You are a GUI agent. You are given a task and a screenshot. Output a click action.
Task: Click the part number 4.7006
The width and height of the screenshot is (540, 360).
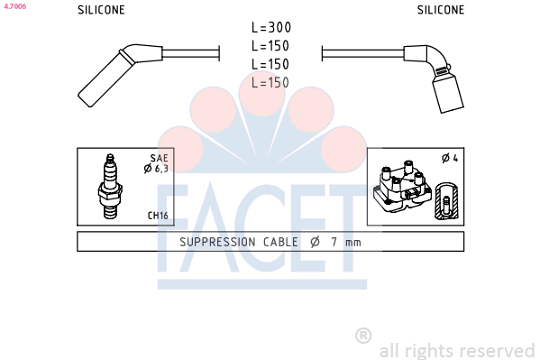pos(15,6)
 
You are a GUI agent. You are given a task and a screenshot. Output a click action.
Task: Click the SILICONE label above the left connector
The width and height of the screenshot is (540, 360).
pos(101,10)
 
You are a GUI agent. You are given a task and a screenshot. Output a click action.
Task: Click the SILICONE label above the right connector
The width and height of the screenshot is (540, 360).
pos(441,10)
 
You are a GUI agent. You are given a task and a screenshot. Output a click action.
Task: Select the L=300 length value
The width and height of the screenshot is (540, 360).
pos(271,28)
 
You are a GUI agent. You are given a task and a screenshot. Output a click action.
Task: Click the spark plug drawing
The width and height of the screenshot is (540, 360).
pos(110,187)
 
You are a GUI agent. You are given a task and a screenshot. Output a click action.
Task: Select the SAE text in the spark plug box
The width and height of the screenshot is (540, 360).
pos(159,158)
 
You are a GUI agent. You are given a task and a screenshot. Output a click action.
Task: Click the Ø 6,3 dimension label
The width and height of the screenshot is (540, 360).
pos(156,169)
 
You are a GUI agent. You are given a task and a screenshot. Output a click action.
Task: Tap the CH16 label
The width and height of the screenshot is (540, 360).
pos(158,216)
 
